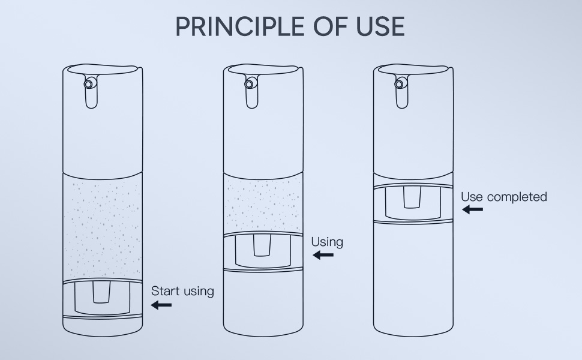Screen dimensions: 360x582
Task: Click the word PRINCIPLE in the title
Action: tap(238, 26)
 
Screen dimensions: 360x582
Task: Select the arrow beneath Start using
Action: tap(161, 305)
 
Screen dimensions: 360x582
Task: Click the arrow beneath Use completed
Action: tap(472, 209)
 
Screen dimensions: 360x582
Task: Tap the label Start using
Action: tap(182, 291)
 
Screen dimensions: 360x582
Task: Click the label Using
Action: tap(327, 242)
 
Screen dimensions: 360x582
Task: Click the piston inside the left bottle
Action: tap(102, 298)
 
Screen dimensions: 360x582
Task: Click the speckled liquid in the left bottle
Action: tap(103, 228)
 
